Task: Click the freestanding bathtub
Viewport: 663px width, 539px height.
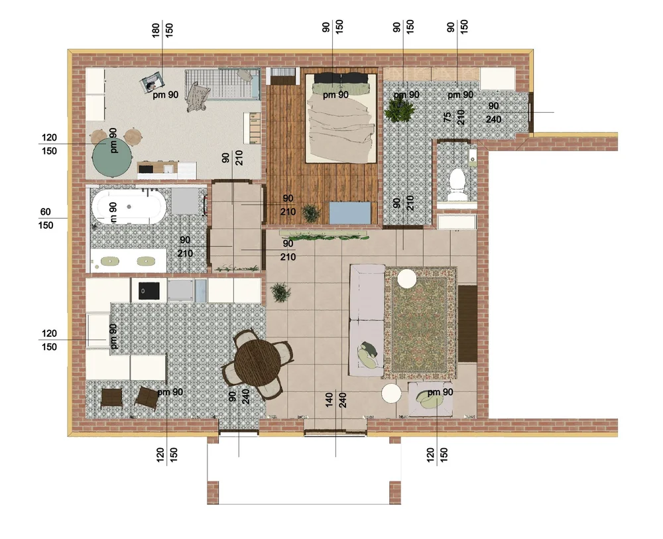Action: pyautogui.click(x=129, y=207)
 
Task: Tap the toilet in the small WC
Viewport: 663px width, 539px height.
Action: pyautogui.click(x=457, y=184)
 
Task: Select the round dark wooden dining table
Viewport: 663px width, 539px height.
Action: pyautogui.click(x=257, y=363)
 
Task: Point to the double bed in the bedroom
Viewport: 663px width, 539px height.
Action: pyautogui.click(x=341, y=117)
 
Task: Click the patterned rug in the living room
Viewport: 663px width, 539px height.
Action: pyautogui.click(x=420, y=323)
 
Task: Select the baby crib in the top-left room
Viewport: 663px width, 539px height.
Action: pyautogui.click(x=223, y=85)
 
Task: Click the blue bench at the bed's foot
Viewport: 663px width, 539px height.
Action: pyautogui.click(x=351, y=213)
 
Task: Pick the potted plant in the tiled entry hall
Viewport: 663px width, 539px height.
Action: pyautogui.click(x=399, y=109)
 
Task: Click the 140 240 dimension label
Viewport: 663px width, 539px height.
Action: pyautogui.click(x=336, y=400)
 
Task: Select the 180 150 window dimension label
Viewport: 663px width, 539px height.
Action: pyautogui.click(x=162, y=30)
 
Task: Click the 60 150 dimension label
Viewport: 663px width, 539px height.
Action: pyautogui.click(x=46, y=219)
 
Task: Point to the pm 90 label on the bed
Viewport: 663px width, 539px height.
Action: pyautogui.click(x=335, y=95)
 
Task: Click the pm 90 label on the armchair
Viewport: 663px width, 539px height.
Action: pyautogui.click(x=440, y=392)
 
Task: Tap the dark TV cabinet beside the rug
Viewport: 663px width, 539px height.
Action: pyautogui.click(x=467, y=324)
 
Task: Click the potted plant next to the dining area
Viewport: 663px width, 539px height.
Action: pyautogui.click(x=280, y=292)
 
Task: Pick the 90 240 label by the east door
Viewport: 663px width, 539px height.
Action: pyautogui.click(x=493, y=113)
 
